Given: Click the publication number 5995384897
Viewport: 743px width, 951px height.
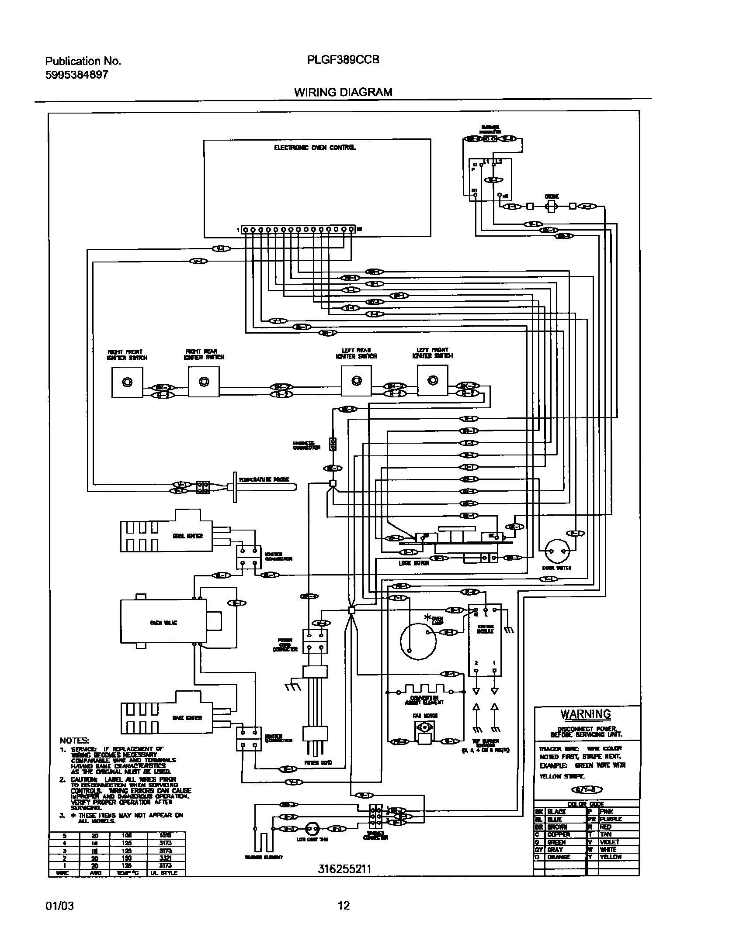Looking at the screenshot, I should (x=76, y=75).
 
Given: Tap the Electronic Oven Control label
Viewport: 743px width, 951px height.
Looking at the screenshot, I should (x=315, y=148).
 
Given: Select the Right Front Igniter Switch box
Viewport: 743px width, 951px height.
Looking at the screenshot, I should (x=127, y=382).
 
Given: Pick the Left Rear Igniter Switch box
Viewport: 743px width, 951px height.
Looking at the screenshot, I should (x=356, y=381).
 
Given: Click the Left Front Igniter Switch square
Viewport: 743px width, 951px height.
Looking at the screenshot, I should (x=432, y=380).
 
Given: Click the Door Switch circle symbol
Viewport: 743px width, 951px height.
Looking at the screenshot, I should (x=557, y=551).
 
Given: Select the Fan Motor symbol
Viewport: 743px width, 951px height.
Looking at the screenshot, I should (x=424, y=728).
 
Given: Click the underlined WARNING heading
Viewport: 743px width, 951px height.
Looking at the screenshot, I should (x=586, y=714).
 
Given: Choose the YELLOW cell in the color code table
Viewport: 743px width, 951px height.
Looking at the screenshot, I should (x=611, y=857).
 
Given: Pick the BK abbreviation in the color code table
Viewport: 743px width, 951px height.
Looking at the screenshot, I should (x=538, y=811).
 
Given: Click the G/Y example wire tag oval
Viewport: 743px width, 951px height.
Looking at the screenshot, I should (x=587, y=789).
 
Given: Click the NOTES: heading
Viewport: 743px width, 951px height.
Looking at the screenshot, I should (x=74, y=741).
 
